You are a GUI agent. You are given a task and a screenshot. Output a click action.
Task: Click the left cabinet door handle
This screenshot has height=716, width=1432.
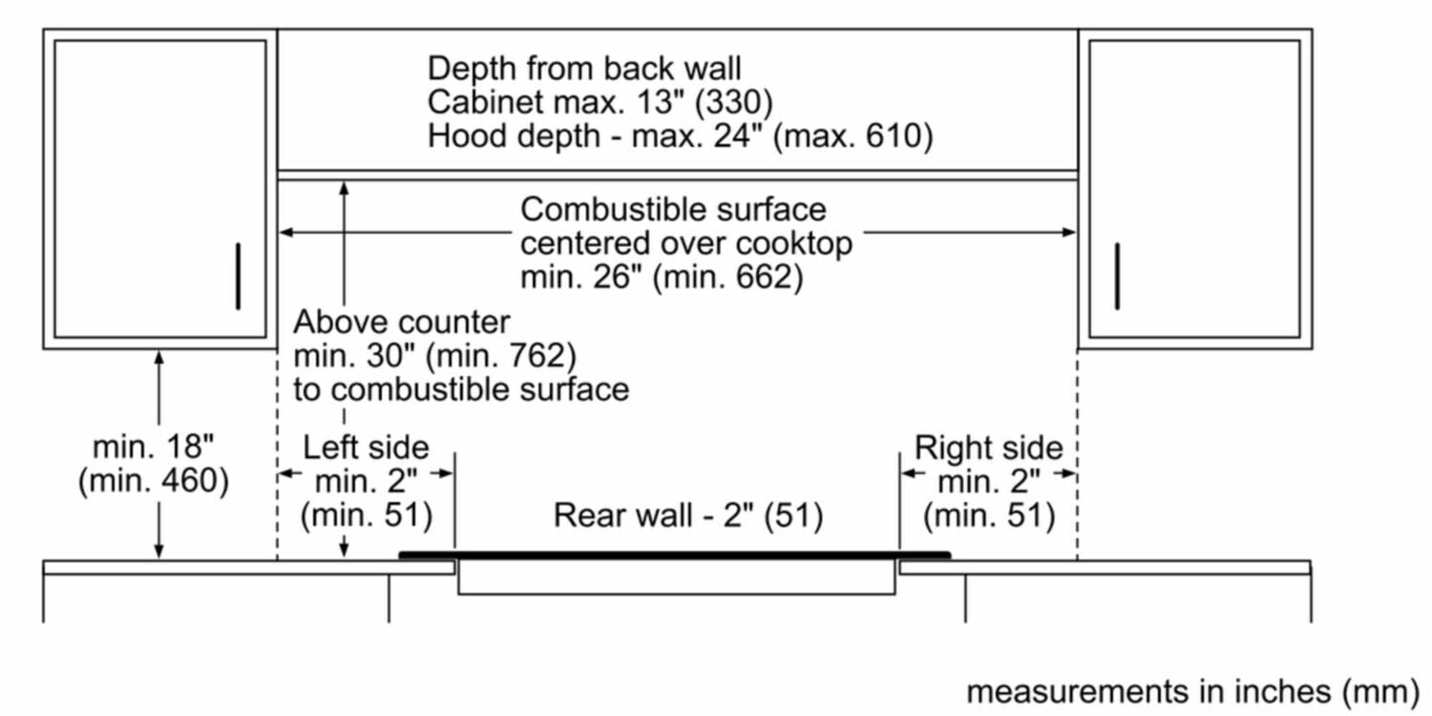pos(238,276)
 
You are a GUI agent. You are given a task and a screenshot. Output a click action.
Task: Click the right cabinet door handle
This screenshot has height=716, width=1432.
pos(1117,276)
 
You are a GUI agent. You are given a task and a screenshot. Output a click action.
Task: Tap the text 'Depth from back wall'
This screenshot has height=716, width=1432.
pos(584,69)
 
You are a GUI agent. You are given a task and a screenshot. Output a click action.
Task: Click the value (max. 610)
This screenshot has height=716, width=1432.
pos(853,137)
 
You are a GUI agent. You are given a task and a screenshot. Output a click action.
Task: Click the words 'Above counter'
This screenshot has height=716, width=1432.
pos(402,322)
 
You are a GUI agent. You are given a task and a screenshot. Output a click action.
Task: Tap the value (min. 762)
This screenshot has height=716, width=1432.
pos(501,356)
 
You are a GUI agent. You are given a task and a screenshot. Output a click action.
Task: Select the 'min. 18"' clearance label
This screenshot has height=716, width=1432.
pos(153,447)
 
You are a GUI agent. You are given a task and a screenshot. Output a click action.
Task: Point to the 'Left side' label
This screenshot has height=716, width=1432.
pos(366,447)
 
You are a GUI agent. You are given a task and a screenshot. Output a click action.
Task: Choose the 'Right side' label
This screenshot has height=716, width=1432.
pos(988,447)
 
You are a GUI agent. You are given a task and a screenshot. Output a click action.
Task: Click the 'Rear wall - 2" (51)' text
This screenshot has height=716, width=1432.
pos(688,516)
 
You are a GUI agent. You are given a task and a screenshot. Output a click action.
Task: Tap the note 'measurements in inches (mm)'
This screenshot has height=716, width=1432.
pos(1192,689)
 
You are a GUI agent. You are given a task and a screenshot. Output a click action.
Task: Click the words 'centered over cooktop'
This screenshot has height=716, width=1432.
pos(685,243)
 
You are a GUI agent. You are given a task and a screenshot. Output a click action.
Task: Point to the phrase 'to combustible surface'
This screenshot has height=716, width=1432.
pos(461,390)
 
